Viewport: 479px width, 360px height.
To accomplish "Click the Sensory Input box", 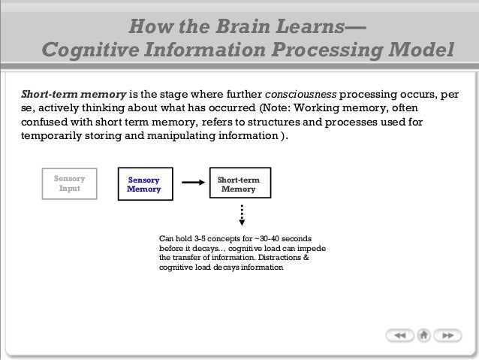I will (x=70, y=185).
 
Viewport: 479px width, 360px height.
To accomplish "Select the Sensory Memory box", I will (x=143, y=185).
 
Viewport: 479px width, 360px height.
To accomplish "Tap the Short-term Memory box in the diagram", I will (x=239, y=185).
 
